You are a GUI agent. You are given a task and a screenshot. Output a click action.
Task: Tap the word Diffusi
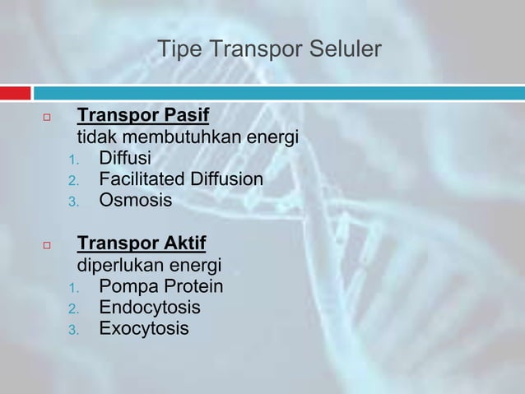coord(125,157)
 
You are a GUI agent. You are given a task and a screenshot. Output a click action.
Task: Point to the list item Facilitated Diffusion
coord(181,178)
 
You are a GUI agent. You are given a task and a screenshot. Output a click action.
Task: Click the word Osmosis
coord(136,200)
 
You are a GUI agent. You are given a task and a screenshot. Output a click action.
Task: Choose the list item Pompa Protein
coord(160,287)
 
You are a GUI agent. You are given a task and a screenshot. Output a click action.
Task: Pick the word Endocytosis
coord(149,308)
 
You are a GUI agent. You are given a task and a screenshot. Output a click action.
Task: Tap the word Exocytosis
coord(143,330)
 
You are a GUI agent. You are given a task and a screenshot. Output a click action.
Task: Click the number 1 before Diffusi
coord(72,159)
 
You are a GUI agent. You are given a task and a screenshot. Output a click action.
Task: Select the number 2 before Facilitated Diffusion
coord(72,180)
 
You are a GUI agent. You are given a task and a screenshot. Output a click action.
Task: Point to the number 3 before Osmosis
coord(72,202)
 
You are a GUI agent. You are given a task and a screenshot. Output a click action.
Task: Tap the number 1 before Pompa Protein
coord(72,289)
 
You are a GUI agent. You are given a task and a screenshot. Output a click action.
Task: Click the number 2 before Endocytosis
coord(72,310)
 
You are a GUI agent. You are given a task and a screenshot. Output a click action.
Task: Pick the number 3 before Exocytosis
coord(72,331)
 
